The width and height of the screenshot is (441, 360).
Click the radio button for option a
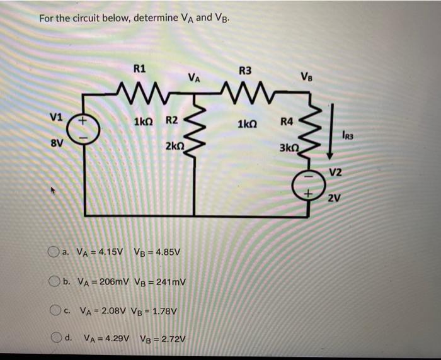click(54, 252)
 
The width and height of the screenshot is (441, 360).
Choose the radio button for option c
click(54, 310)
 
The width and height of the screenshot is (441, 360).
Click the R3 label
click(245, 70)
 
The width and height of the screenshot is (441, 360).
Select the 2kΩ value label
click(175, 146)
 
